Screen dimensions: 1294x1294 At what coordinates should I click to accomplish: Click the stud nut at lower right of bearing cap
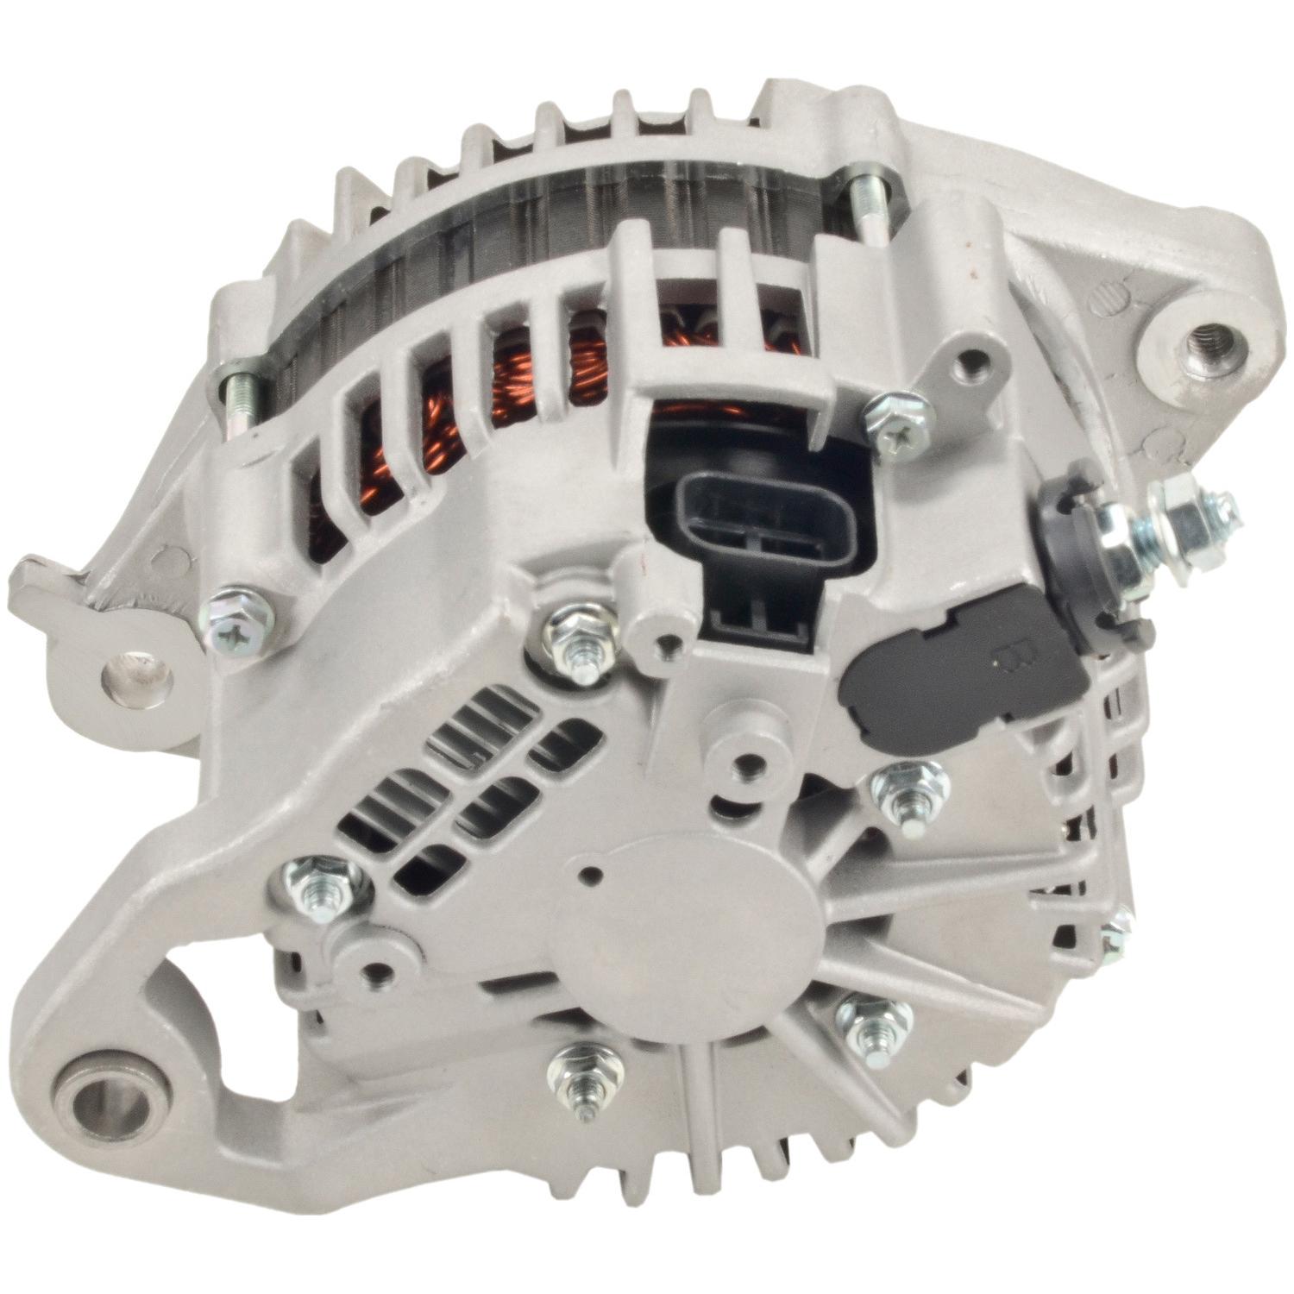click(873, 1022)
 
